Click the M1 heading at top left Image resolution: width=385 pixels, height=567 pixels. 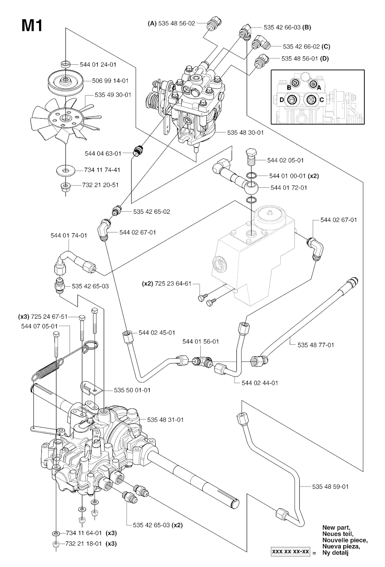pos(32,26)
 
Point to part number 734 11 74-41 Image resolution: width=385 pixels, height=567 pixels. pos(102,170)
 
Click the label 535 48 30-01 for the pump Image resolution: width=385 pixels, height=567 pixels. pos(246,132)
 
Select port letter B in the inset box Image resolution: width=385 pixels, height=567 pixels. pos(289,88)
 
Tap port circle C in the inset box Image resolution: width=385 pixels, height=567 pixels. pos(311,100)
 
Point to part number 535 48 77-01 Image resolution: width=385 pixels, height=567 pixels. pos(316,345)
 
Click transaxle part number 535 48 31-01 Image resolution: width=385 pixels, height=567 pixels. pos(165,420)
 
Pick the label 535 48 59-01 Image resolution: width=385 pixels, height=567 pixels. pos(330,486)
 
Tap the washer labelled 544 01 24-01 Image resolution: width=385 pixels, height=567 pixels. pos(66,64)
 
